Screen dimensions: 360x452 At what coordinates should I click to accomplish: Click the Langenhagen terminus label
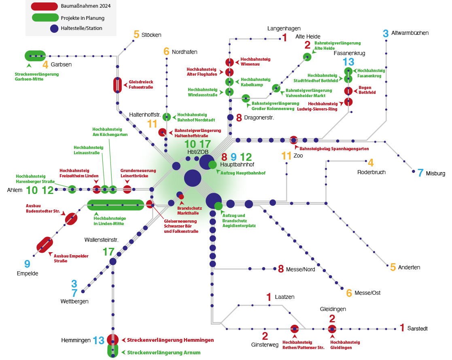pos(284,28)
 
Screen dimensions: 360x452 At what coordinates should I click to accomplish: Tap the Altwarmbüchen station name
pos(410,33)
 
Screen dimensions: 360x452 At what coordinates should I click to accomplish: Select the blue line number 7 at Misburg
pos(420,173)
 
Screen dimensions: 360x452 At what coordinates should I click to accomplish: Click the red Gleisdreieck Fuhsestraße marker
pos(117,85)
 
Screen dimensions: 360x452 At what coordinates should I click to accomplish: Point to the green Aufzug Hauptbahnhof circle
pos(212,165)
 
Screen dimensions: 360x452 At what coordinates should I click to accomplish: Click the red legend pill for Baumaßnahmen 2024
pos(45,6)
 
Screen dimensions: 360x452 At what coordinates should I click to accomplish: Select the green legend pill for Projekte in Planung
pos(45,17)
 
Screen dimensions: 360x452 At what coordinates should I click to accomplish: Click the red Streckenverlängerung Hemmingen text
pos(170,340)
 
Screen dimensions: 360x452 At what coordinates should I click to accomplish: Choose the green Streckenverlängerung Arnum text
pos(163,353)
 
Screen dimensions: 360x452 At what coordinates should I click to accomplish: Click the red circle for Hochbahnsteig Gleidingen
pos(332,329)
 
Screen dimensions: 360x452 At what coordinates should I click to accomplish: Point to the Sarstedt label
pos(418,328)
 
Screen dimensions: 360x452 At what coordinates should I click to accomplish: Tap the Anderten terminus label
pos(409,268)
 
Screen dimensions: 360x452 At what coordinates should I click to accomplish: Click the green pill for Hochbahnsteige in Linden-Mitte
pos(116,205)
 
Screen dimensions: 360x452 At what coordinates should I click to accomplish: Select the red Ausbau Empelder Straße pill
pos(45,244)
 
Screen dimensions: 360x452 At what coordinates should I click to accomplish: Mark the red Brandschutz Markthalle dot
pos(181,197)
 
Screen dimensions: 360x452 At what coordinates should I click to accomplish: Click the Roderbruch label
pos(371,172)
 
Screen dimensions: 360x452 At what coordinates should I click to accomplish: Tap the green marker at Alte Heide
pos(308,57)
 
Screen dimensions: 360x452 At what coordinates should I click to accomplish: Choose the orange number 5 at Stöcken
pos(136,35)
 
